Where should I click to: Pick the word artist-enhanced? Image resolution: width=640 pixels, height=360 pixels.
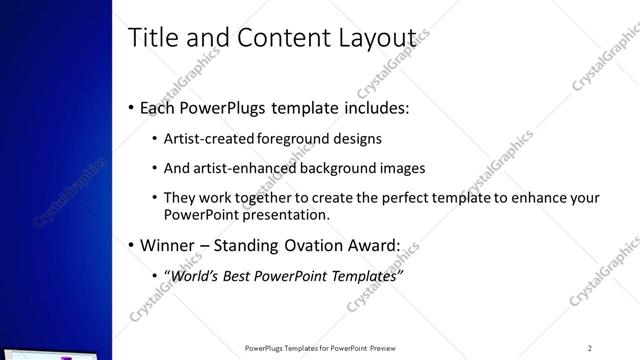[238, 168]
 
